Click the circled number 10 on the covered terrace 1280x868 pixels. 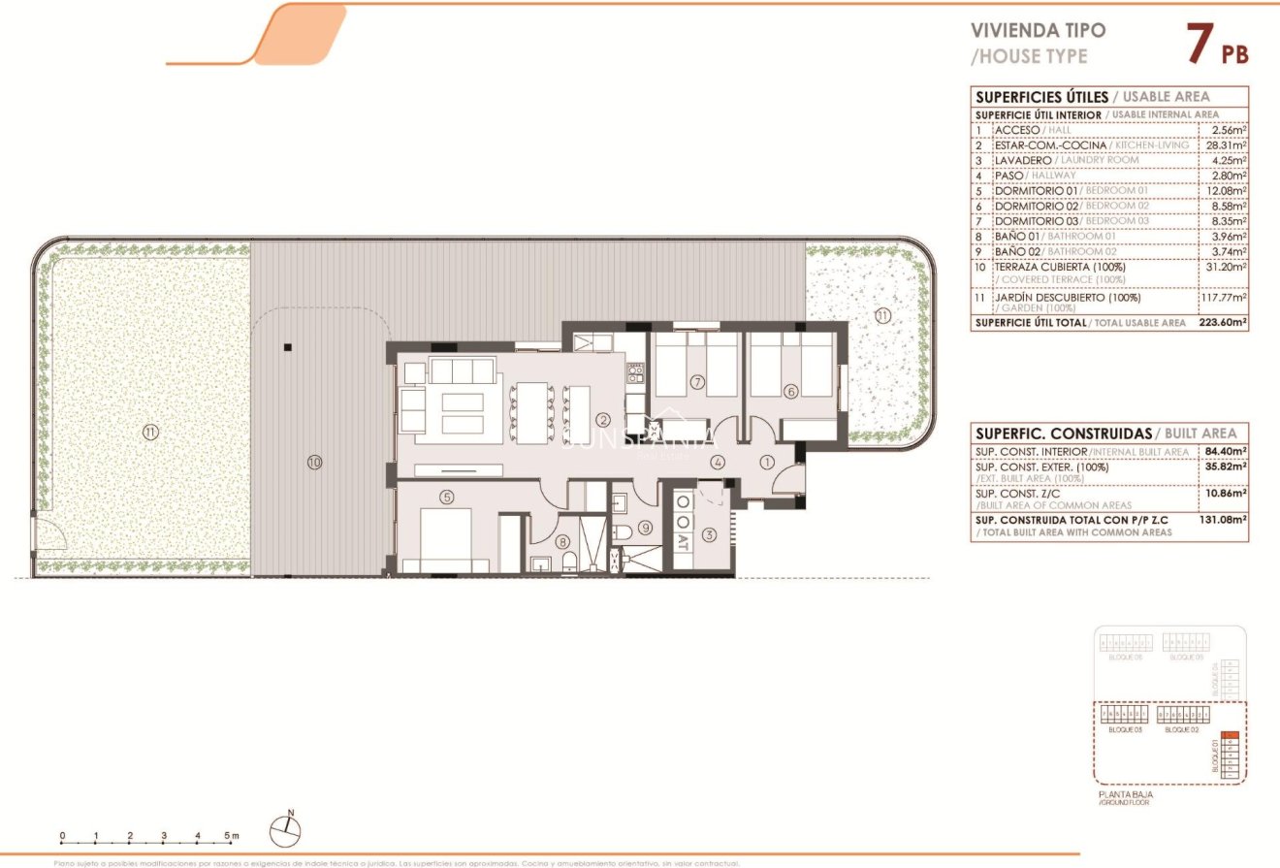(x=313, y=462)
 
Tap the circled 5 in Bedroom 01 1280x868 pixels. (x=446, y=498)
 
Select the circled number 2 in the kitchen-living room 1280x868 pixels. (x=603, y=420)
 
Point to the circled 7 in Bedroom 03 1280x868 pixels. (x=696, y=382)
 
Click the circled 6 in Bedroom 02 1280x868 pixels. (x=791, y=391)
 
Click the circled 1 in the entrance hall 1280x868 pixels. (x=767, y=463)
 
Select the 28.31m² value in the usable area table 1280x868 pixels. (x=1224, y=145)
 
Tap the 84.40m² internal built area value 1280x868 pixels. (x=1224, y=451)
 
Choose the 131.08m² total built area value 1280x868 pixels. (x=1223, y=519)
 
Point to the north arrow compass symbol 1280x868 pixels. (x=287, y=825)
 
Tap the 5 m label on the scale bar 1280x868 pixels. (x=231, y=835)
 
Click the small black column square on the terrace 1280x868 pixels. (x=287, y=346)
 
